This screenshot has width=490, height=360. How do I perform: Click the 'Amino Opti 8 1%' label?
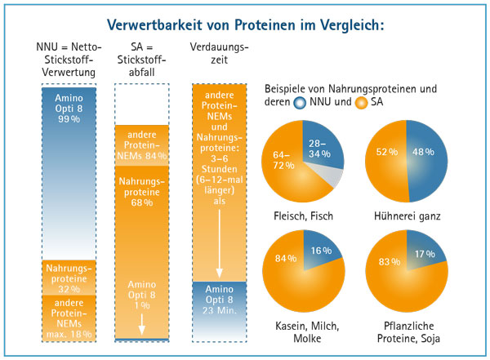click(142, 293)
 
